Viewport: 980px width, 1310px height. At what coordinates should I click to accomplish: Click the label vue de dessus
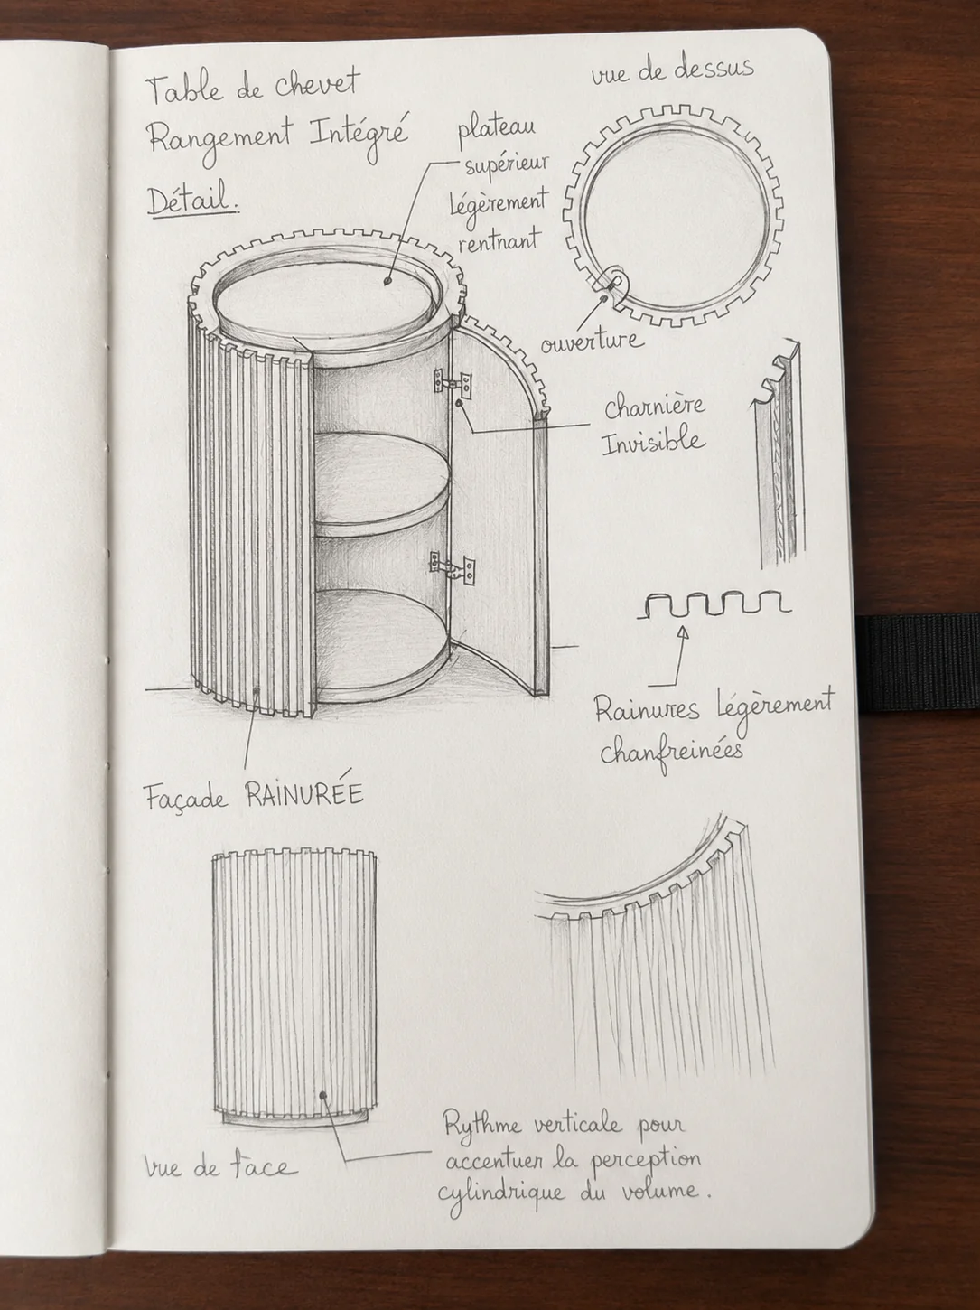pyautogui.click(x=672, y=73)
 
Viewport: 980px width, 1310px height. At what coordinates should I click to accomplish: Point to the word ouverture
pyautogui.click(x=593, y=342)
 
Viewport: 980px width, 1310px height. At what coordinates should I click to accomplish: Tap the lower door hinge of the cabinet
pyautogui.click(x=453, y=566)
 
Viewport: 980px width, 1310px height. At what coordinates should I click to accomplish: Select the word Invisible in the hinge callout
pyautogui.click(x=653, y=442)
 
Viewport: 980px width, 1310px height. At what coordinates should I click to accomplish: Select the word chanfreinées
pyautogui.click(x=672, y=751)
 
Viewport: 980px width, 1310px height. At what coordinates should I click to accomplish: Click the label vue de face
pyautogui.click(x=220, y=1166)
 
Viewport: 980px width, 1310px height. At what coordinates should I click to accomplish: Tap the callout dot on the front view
pyautogui.click(x=322, y=1096)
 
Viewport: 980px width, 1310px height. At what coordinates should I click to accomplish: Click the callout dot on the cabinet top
pyautogui.click(x=388, y=280)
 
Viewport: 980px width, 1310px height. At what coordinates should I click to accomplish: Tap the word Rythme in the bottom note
pyautogui.click(x=482, y=1127)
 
